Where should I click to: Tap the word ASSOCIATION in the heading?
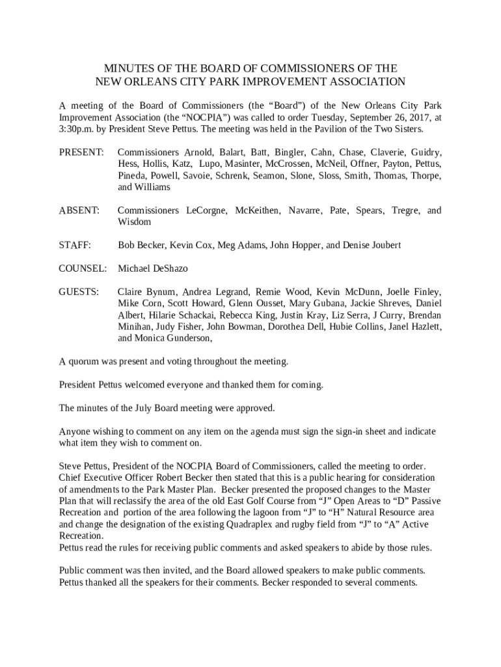tap(360, 82)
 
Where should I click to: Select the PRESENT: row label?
tap(81, 152)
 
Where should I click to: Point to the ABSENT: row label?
tap(79, 210)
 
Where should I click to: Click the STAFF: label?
tap(75, 245)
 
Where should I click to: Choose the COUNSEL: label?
tap(83, 268)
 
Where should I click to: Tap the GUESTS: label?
tap(79, 292)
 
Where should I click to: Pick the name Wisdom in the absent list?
tap(134, 222)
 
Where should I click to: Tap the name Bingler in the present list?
tap(289, 152)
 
